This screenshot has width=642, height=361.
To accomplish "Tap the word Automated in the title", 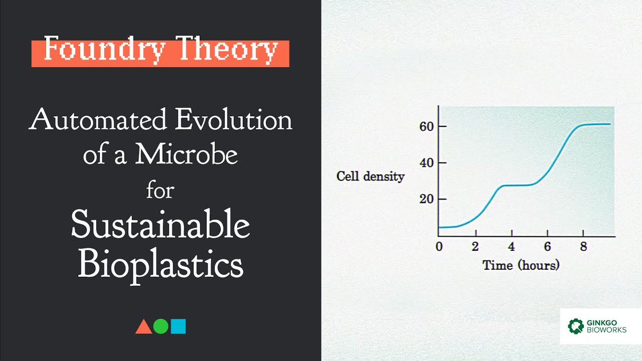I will (x=97, y=120).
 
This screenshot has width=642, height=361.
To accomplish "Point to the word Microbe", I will (x=186, y=155).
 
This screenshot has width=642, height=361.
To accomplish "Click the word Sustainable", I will (x=160, y=225).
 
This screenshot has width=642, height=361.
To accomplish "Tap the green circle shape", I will (x=160, y=326).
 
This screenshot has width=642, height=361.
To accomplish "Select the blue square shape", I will (x=178, y=326).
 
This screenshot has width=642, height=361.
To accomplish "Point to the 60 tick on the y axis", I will (x=426, y=126).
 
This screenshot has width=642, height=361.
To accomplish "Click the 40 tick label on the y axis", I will (x=426, y=163).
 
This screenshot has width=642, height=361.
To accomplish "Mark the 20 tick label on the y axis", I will (x=426, y=199).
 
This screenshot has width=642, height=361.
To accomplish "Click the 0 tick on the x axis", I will (x=439, y=247).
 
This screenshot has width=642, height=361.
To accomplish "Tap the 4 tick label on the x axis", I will (x=511, y=247).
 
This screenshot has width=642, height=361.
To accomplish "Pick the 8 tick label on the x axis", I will (x=583, y=247).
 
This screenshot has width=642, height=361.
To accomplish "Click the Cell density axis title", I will (x=370, y=176).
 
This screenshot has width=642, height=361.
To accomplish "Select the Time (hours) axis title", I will (x=521, y=265).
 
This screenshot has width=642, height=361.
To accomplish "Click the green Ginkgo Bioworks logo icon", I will (x=576, y=326).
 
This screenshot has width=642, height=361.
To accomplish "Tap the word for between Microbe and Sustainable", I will (x=160, y=191).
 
